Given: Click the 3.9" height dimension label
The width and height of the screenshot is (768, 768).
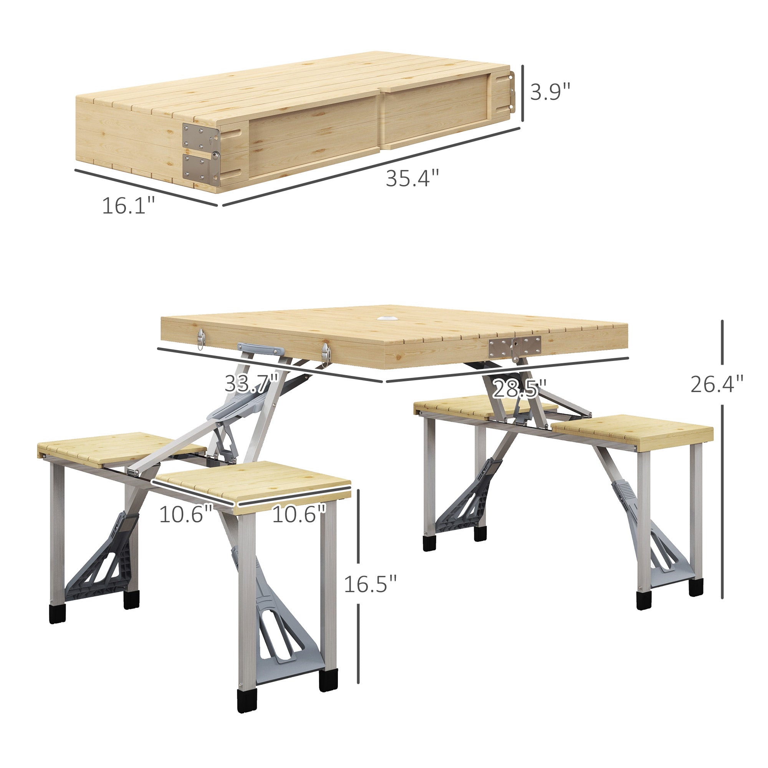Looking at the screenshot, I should coord(550,92).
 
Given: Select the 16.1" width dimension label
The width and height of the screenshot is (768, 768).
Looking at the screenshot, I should coord(128,205).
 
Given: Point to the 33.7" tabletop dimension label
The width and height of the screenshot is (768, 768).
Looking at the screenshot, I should coord(252,384).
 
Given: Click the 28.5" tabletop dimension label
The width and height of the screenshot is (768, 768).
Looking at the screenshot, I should coord(520,388).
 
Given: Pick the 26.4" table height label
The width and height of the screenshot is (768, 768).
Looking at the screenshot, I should coord(716,384).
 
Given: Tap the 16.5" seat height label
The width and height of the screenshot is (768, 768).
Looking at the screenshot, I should coord(370,584).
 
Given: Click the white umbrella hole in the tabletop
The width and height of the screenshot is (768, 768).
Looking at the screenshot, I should coord(387,319).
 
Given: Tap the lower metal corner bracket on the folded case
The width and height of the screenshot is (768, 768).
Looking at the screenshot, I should coord(201,170).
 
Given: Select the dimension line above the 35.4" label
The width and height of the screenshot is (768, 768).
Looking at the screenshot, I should coord(372,167).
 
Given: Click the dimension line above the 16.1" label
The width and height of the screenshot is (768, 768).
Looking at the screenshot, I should coord(146,188).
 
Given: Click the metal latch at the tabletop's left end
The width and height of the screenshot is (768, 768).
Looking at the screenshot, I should coord(201,339).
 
